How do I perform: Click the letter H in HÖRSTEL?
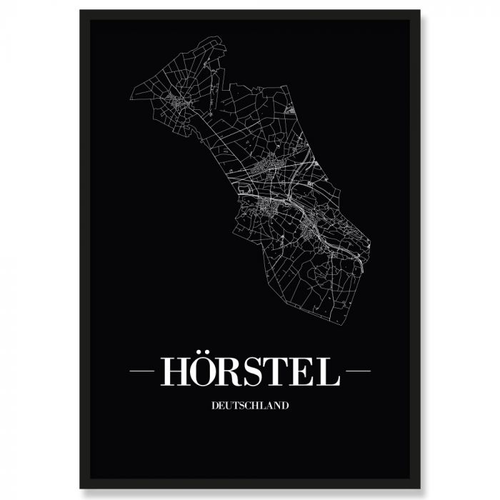point(176,371)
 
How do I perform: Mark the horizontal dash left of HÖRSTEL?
point(143,371)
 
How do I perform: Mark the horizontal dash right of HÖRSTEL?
point(356,371)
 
